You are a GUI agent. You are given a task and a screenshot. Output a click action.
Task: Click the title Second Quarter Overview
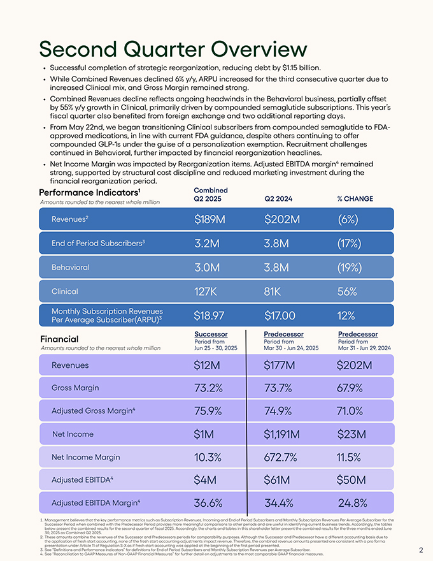click(x=173, y=49)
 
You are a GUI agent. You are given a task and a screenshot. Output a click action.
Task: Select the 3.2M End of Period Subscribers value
click(x=207, y=244)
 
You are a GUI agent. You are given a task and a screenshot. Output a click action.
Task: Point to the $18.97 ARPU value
click(x=213, y=315)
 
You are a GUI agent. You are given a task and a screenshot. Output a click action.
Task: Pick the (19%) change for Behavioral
click(x=350, y=268)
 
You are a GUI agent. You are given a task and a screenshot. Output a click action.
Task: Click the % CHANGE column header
click(x=355, y=198)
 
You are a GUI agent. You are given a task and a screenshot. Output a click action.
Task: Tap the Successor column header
click(x=210, y=334)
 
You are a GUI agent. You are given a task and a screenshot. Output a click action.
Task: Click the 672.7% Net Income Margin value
click(x=281, y=457)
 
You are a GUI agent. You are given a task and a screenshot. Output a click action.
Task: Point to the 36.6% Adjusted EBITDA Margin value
click(x=208, y=503)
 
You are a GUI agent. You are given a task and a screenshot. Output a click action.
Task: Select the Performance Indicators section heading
click(x=89, y=192)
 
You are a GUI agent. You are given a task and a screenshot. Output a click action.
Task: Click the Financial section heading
click(x=59, y=339)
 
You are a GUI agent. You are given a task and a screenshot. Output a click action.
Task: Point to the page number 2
click(x=421, y=550)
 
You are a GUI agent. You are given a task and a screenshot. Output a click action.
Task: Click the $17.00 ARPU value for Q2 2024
click(x=280, y=315)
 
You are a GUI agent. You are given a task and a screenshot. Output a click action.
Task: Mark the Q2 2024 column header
click(x=278, y=198)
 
